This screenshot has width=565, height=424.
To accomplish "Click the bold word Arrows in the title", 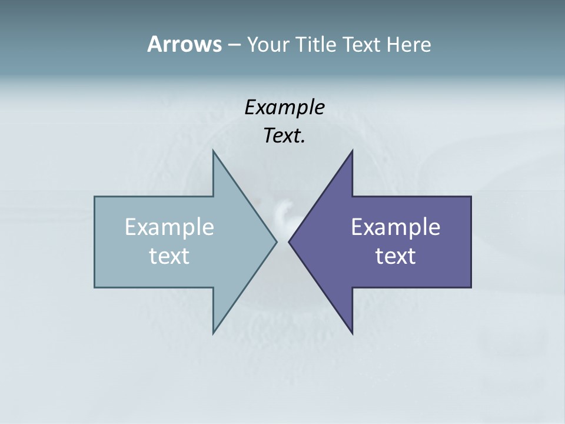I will coord(184,44).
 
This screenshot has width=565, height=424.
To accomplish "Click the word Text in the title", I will coord(362,44).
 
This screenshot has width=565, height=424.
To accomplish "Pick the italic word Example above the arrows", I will coord(284,108).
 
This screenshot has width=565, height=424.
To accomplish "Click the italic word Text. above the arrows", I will coord(284,136).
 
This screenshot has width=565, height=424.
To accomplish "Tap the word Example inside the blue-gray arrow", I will coord(169,227).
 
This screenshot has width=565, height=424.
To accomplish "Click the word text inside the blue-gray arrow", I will coord(169,256).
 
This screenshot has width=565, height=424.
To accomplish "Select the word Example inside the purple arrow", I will coord(395,227).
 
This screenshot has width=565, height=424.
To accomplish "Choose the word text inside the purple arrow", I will coord(395,256).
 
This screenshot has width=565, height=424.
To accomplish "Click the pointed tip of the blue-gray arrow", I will coord(277,241).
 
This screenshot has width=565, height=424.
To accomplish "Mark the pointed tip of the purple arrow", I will coord(288,241).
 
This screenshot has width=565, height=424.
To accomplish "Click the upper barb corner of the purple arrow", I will coord(352,151).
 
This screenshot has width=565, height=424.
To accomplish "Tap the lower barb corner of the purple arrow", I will coord(352,334).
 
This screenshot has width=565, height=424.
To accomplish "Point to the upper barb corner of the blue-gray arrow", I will coord(213,151).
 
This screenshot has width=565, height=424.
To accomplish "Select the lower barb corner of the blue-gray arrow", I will coord(213,334).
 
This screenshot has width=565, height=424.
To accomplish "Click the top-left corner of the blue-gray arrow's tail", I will coord(95,197).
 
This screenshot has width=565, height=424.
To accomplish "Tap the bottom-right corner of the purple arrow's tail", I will coord(471,287).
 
